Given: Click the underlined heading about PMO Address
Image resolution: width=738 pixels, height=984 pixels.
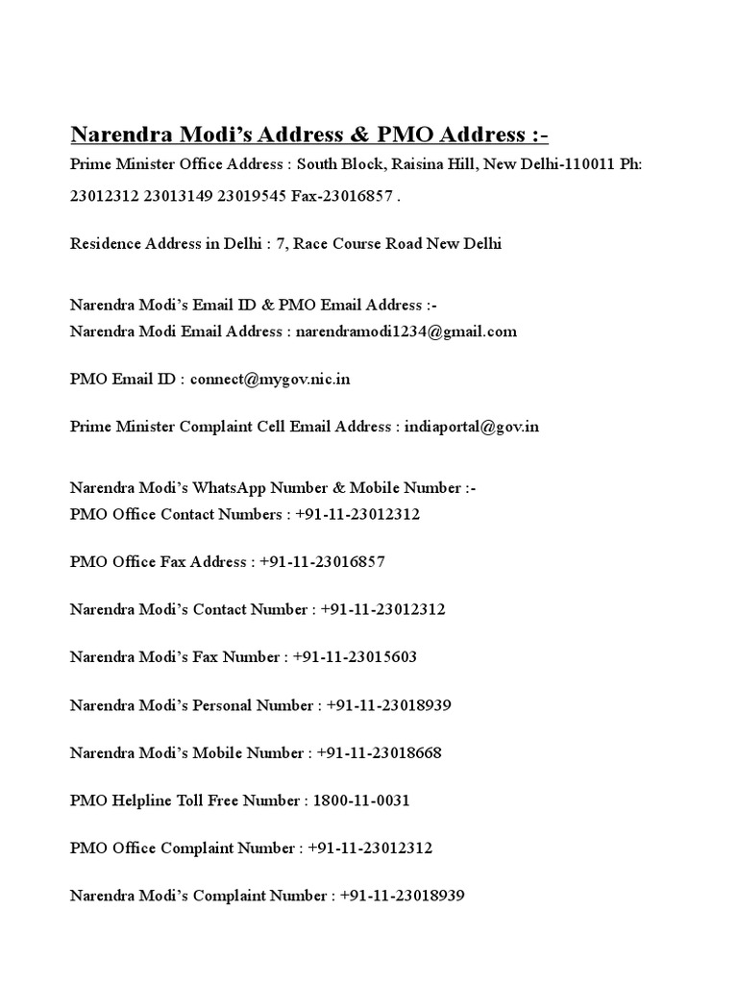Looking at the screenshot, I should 309,133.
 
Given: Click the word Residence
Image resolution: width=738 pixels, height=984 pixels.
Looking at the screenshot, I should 106,243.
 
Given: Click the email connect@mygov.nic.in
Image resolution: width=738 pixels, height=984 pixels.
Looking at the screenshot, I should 270,379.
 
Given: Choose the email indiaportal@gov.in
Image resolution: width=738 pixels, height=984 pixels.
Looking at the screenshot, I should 468,426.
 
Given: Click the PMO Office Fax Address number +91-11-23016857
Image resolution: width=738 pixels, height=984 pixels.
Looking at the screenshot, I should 321,562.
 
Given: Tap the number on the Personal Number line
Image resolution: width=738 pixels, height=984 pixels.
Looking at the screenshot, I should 388,705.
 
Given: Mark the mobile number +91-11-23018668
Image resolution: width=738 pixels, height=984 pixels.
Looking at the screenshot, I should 379,752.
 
